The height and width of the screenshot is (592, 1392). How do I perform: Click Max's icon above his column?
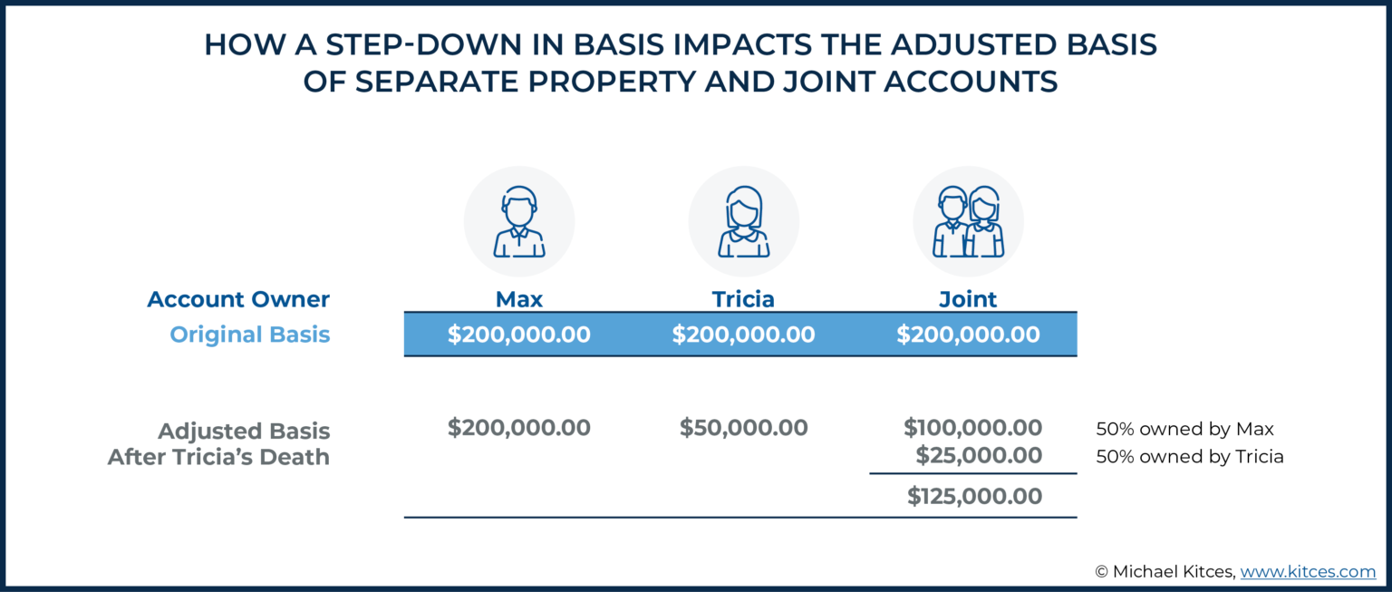click(x=518, y=222)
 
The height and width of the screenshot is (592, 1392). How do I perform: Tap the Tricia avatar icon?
click(x=743, y=222)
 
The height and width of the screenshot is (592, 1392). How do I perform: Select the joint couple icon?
click(x=968, y=222)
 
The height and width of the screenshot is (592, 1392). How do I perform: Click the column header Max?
click(x=518, y=299)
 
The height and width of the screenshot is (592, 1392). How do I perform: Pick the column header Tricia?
click(x=743, y=299)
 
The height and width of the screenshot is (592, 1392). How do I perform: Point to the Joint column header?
click(x=968, y=299)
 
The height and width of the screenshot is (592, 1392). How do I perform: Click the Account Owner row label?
click(x=238, y=299)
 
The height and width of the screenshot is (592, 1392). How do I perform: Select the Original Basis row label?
click(x=250, y=335)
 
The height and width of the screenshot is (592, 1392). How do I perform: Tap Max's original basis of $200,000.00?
click(x=518, y=335)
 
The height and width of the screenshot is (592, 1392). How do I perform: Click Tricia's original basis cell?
click(x=743, y=335)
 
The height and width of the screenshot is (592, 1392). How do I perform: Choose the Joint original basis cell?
click(x=968, y=335)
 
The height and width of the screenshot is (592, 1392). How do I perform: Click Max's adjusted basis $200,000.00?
click(x=518, y=428)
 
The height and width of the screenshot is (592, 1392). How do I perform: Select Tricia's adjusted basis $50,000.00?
click(x=743, y=428)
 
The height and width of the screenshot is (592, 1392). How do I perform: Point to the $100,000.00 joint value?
click(x=972, y=428)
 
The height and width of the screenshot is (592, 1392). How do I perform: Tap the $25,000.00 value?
click(x=979, y=455)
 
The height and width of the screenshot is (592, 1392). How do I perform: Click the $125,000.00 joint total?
click(x=974, y=497)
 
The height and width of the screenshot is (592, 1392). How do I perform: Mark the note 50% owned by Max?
click(x=1177, y=429)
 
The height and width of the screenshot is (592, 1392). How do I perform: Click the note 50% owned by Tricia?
click(x=1189, y=456)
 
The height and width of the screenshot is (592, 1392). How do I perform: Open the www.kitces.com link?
click(x=1308, y=571)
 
